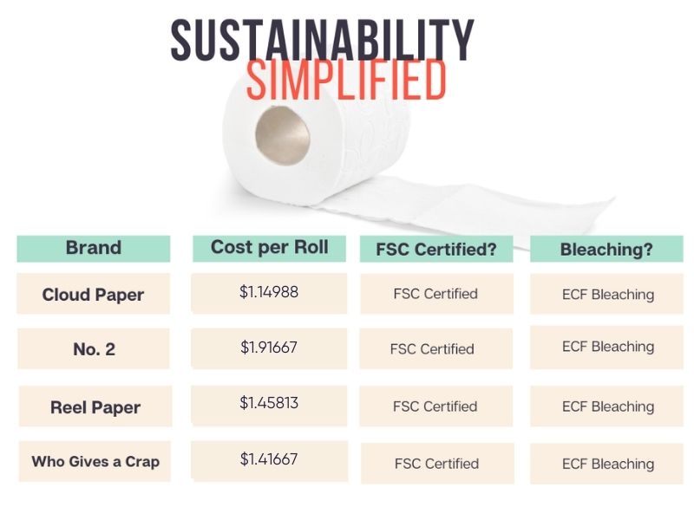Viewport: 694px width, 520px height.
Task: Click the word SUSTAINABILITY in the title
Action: click(x=322, y=39)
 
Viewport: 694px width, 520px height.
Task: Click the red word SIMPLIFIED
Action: click(x=346, y=82)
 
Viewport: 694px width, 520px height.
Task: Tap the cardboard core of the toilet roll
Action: click(x=282, y=134)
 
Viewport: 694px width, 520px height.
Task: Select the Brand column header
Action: click(x=93, y=248)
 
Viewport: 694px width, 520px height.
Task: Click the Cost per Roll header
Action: click(x=269, y=247)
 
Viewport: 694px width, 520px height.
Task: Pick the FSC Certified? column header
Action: click(x=435, y=250)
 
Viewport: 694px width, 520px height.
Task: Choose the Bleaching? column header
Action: click(x=606, y=250)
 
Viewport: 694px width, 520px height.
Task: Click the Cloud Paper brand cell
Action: click(x=93, y=295)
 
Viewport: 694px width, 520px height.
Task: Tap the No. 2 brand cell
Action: click(x=94, y=349)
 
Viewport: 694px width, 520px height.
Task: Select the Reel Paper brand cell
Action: click(x=95, y=407)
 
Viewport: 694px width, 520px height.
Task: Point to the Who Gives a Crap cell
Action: click(x=95, y=462)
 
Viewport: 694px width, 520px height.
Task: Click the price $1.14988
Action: click(x=269, y=292)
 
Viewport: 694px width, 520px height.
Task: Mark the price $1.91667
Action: click(x=269, y=347)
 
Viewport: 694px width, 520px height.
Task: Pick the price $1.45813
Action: click(x=269, y=403)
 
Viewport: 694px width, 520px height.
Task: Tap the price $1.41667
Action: click(x=269, y=458)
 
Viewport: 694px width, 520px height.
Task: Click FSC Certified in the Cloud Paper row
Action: click(x=435, y=294)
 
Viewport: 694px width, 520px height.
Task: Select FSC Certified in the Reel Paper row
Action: click(x=435, y=406)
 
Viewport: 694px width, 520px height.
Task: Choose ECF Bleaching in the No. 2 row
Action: click(x=607, y=347)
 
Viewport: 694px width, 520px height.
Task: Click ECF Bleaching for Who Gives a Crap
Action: click(x=607, y=464)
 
